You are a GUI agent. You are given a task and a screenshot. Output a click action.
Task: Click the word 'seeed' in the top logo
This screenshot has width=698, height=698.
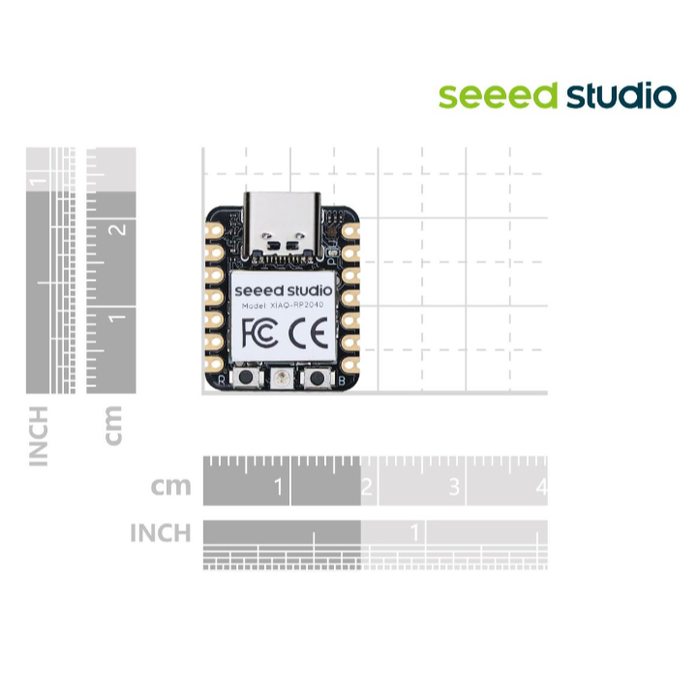point(499,96)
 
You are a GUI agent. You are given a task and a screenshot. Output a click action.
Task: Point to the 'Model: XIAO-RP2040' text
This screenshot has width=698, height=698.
point(283,305)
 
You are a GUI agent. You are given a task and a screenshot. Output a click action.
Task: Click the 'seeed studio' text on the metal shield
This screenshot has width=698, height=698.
point(283,288)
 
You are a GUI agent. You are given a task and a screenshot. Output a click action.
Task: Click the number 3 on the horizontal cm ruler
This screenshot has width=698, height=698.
point(454,487)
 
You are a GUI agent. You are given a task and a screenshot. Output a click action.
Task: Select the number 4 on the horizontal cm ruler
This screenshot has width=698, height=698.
point(540,487)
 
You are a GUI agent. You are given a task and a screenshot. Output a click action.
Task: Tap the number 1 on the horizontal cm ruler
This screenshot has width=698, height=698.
point(280,487)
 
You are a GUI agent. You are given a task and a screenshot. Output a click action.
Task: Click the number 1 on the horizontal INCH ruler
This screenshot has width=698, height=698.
point(414,532)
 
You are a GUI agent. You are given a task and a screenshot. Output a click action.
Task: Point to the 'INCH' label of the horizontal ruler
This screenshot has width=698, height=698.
point(161,532)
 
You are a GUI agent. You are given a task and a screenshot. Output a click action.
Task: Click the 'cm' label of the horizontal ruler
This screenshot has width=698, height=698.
point(171,486)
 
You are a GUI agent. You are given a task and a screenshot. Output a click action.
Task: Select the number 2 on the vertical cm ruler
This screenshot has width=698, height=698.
point(119,229)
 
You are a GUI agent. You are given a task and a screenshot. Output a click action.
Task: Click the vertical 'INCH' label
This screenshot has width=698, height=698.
point(39,436)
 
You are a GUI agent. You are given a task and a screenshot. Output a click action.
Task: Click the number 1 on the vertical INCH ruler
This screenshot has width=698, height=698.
point(40,181)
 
